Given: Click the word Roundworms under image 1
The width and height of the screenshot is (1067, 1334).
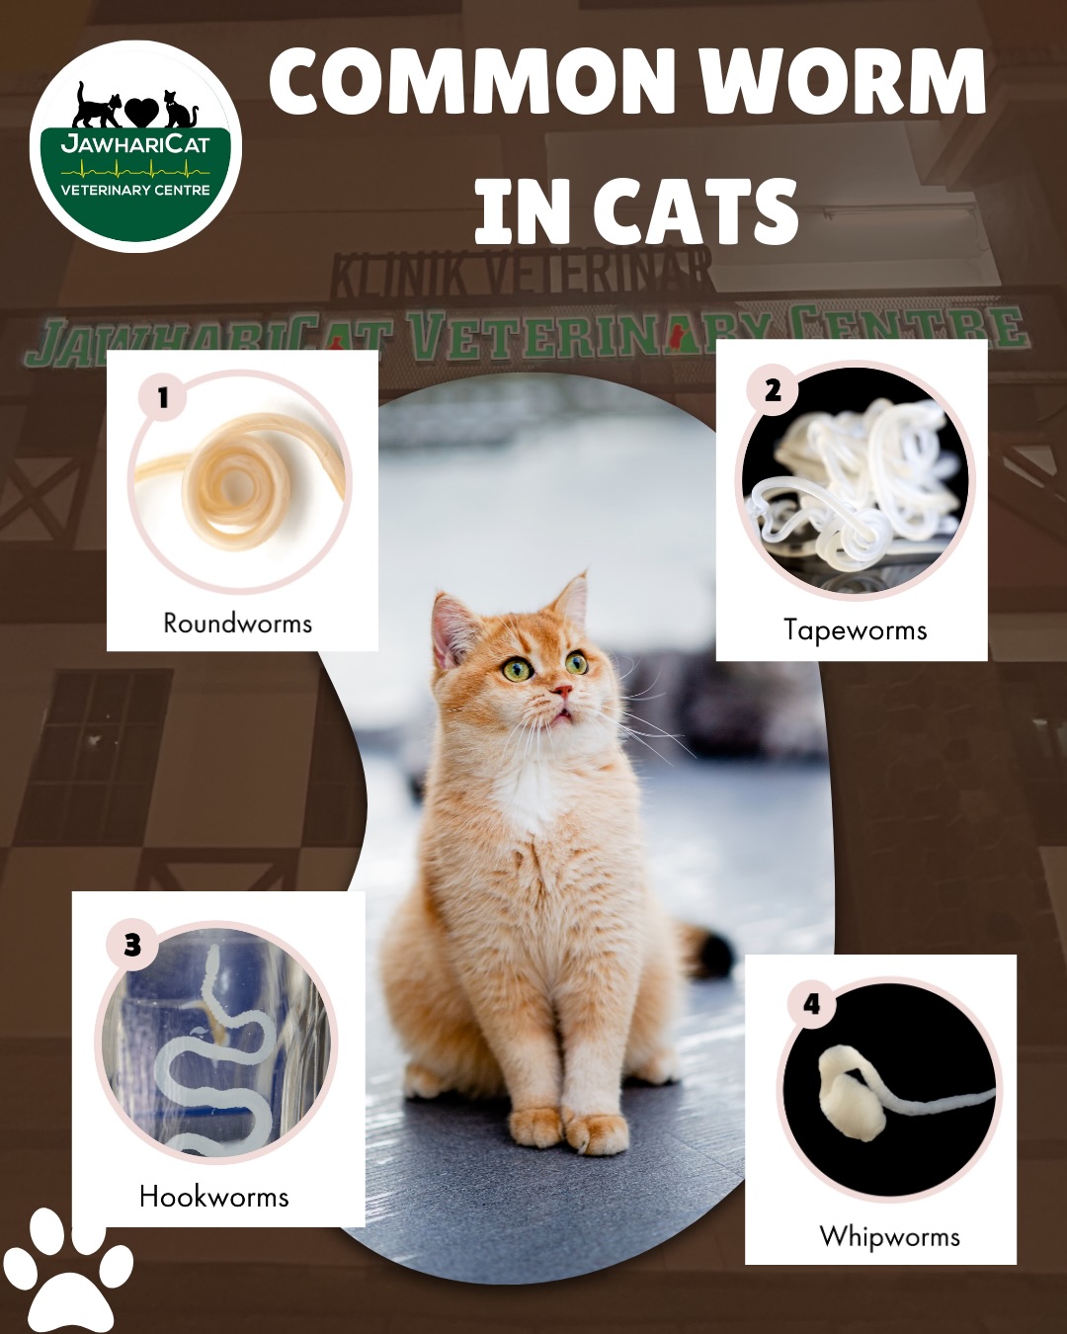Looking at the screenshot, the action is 237,623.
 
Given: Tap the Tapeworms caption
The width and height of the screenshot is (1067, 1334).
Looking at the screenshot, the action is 855,630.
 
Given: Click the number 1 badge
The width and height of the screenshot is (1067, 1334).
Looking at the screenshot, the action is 163,397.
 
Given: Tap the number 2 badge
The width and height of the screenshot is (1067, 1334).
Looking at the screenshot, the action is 773,390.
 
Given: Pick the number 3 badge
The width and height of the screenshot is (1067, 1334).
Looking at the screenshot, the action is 132,946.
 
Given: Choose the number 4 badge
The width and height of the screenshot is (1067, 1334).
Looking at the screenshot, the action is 812,1004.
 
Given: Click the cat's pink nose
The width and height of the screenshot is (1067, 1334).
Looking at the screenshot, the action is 562,690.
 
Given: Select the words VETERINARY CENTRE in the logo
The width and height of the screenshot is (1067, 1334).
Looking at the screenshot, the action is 135,190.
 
